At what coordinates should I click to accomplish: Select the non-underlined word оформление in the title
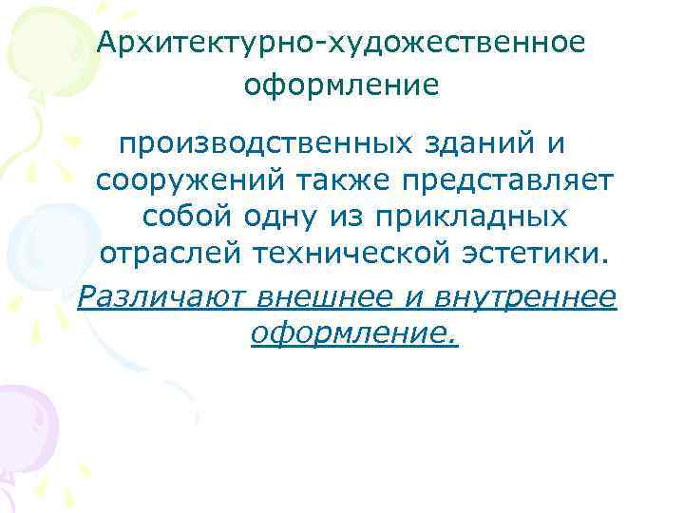[x=341, y=86]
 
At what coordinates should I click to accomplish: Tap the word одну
[x=281, y=218]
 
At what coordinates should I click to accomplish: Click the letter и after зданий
[x=555, y=144]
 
